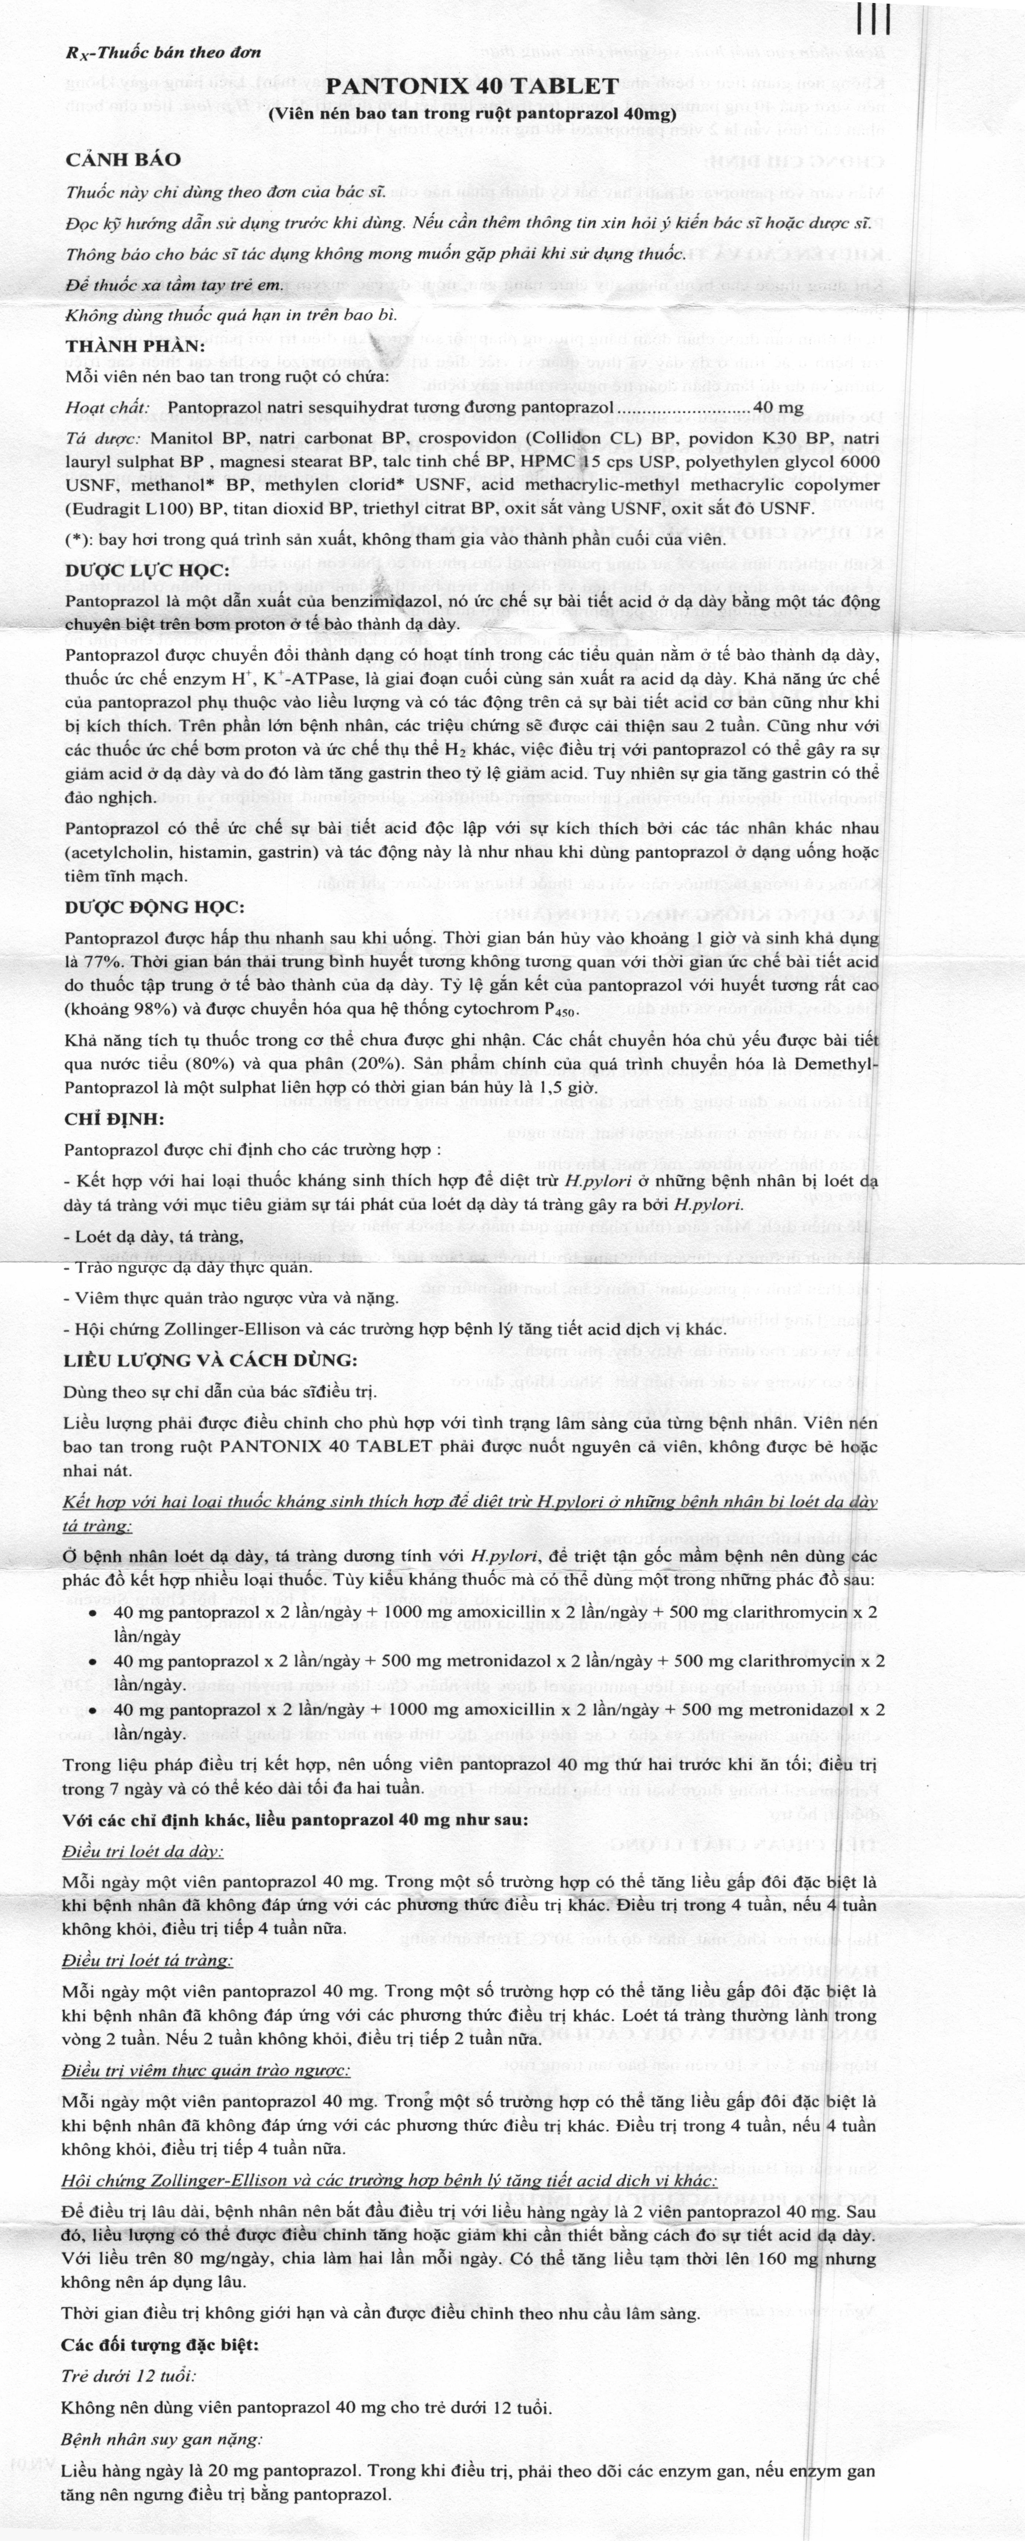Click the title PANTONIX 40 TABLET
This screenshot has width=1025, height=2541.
point(472,86)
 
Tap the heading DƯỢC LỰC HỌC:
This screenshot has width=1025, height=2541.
point(147,571)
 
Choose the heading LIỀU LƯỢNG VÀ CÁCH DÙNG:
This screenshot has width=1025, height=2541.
point(196,1360)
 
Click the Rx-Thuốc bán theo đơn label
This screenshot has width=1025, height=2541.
point(163,52)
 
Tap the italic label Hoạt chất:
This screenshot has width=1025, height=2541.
point(108,407)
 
